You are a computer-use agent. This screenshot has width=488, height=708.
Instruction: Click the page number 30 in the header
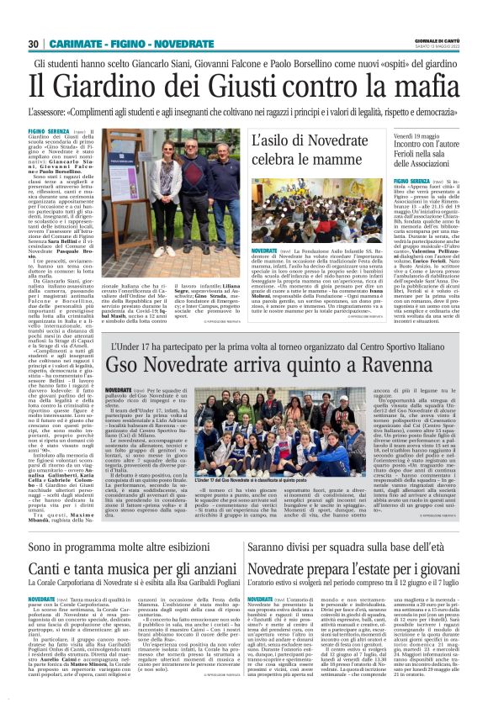point(34,44)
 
